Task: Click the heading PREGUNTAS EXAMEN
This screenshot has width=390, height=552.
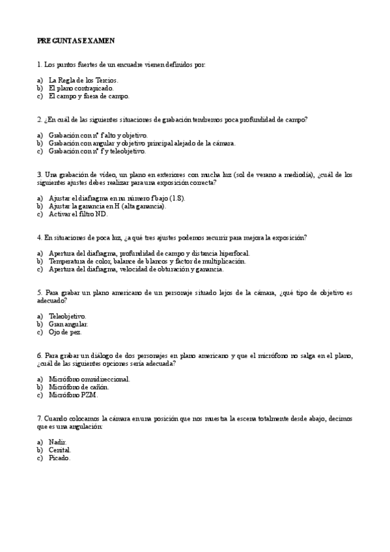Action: click(x=76, y=40)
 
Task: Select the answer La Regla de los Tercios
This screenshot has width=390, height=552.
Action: click(x=83, y=80)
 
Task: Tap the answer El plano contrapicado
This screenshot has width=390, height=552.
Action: click(x=81, y=88)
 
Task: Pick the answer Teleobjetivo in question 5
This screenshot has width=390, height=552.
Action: click(x=68, y=316)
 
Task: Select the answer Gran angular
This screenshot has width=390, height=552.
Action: click(x=68, y=324)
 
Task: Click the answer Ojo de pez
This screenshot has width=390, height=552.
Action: click(x=65, y=331)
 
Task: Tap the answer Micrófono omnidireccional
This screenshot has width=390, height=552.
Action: click(x=89, y=379)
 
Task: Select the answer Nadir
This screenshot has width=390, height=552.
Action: click(x=58, y=442)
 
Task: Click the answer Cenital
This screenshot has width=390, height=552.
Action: click(x=60, y=450)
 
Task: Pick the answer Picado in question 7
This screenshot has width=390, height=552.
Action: click(x=59, y=458)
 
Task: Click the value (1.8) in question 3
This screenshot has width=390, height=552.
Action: click(x=176, y=198)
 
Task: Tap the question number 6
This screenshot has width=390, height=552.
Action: click(x=40, y=356)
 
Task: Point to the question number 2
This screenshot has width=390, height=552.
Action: click(x=40, y=120)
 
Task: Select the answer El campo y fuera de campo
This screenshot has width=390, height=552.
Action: click(x=89, y=96)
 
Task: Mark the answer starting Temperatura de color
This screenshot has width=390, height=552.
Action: click(x=147, y=261)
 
